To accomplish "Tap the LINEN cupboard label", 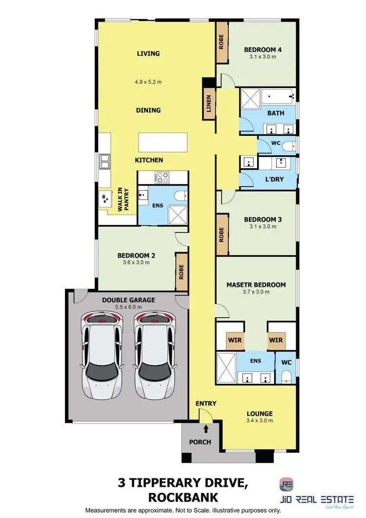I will pyautogui.click(x=209, y=106).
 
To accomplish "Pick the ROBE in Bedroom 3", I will pyautogui.click(x=222, y=240).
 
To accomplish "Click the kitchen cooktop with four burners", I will pyautogui.click(x=162, y=176).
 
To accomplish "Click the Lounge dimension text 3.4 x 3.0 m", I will pyautogui.click(x=260, y=420).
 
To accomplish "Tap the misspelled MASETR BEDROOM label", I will pyautogui.click(x=256, y=284).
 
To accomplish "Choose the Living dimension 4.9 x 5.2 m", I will pyautogui.click(x=148, y=82).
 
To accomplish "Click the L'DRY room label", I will pyautogui.click(x=274, y=180).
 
